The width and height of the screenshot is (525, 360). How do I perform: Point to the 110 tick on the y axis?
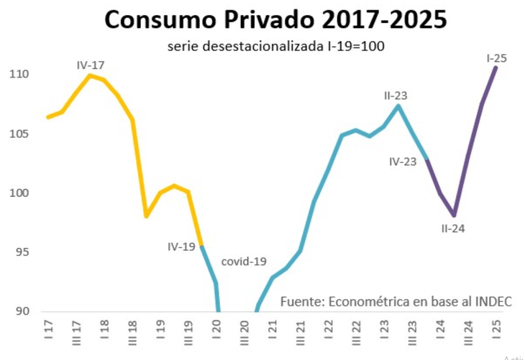click(20, 74)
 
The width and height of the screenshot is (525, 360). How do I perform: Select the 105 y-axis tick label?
click(20, 134)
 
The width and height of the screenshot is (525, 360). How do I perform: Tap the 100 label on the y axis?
click(20, 193)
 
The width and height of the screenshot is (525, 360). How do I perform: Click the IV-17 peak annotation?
click(91, 65)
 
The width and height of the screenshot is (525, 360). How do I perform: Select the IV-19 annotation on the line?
click(181, 246)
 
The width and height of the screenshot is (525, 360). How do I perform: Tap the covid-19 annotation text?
click(245, 261)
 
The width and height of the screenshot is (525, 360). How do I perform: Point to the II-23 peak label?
click(397, 95)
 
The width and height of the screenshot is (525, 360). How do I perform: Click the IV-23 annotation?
click(403, 162)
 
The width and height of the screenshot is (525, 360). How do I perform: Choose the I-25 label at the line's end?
click(497, 58)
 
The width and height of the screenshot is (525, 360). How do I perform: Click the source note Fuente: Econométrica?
click(396, 301)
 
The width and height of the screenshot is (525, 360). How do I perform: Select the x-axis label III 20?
click(245, 335)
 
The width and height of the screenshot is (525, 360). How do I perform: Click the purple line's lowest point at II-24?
click(455, 215)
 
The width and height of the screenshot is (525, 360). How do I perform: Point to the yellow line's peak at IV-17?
click(90, 75)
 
